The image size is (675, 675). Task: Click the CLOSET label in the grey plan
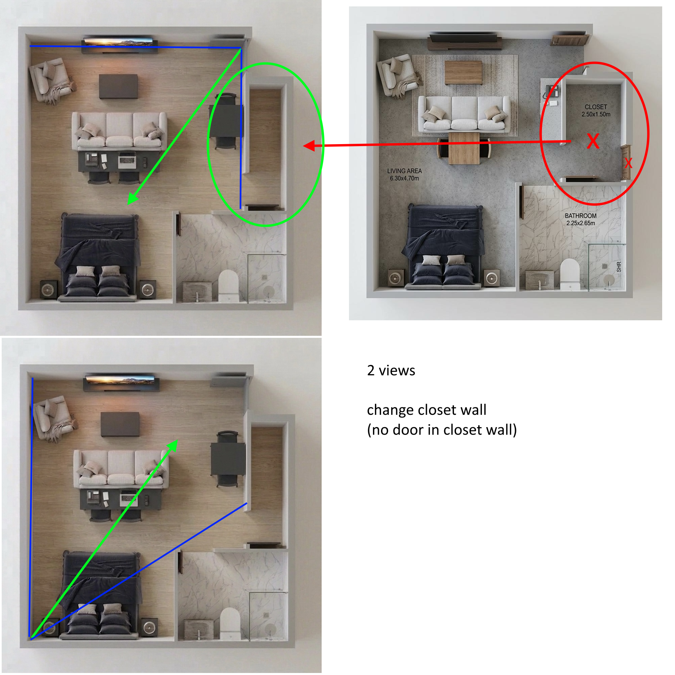pos(596,107)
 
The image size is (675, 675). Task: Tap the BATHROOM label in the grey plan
pos(580,216)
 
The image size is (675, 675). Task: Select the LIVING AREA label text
pos(404,171)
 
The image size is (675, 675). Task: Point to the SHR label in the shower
pos(619,267)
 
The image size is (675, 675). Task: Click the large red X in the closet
pos(593,141)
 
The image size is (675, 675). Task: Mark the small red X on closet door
pos(628,163)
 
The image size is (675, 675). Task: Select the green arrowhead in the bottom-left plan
pos(172,445)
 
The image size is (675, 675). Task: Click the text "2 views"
pos(391,370)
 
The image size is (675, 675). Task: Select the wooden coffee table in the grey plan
pos(463,73)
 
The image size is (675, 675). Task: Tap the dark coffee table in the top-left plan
pos(118,86)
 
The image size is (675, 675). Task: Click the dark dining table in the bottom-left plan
pos(228,458)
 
